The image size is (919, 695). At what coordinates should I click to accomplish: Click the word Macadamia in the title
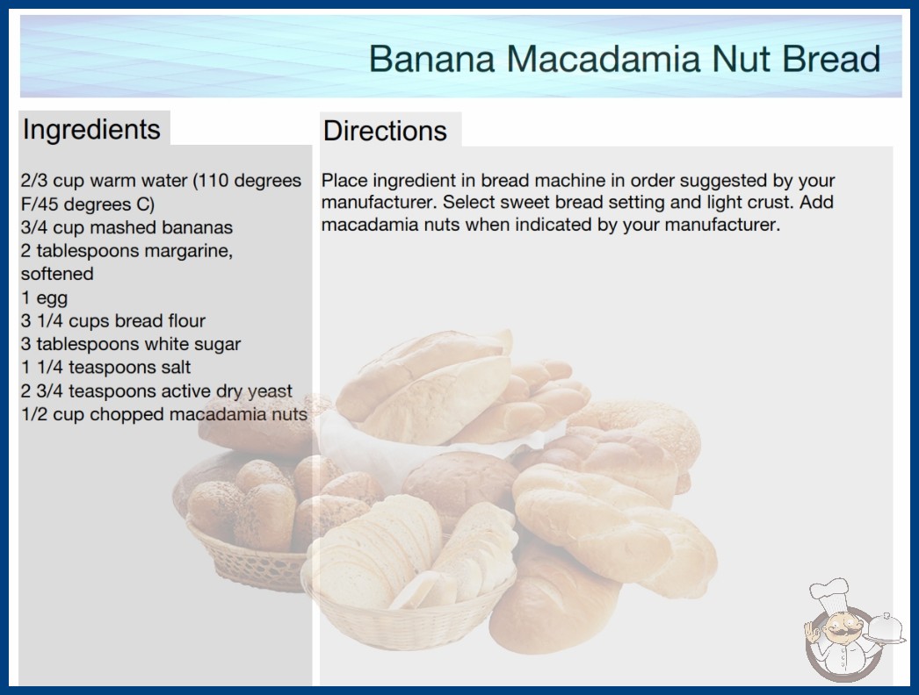(603, 58)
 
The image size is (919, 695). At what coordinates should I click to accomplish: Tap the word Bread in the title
(831, 58)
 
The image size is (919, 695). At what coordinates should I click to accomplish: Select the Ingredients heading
(91, 130)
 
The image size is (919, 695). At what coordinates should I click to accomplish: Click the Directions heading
(385, 131)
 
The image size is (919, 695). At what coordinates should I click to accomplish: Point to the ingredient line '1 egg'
(44, 298)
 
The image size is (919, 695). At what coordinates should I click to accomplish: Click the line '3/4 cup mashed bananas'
(127, 227)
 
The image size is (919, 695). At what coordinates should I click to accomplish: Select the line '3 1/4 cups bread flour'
(113, 321)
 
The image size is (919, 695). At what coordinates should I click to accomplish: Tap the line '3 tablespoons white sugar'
(131, 344)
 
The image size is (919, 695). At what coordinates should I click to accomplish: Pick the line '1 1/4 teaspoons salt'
(105, 367)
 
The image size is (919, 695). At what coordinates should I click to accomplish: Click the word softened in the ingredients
(57, 274)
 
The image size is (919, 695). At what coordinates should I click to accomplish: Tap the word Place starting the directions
(344, 180)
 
